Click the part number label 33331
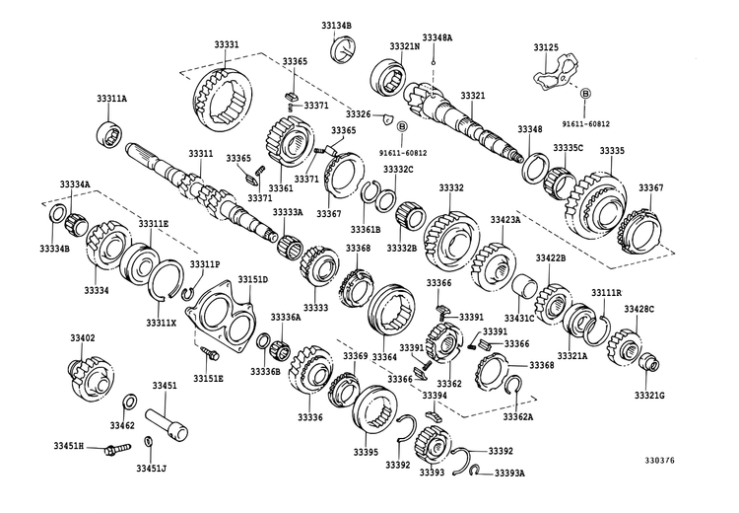point(224,44)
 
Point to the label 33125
point(546,47)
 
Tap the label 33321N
point(404,45)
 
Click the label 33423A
point(503,220)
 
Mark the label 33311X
point(161,323)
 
